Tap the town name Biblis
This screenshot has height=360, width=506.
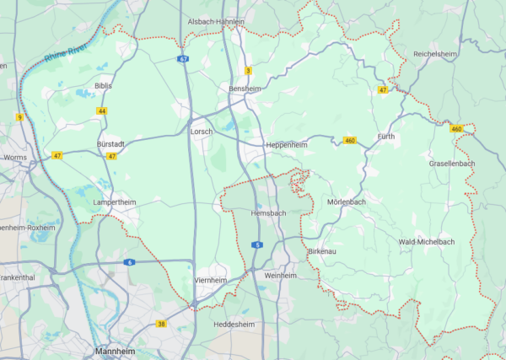coord(103,86)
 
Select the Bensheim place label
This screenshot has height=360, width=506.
coord(245,88)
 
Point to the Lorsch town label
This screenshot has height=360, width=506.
coord(202,132)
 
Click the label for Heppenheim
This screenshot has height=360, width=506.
coord(286,145)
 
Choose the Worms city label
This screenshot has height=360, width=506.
coord(15,158)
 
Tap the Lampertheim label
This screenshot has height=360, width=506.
coord(115,202)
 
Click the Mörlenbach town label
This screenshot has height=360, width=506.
coord(346,202)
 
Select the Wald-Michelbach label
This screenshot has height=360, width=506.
coord(426,242)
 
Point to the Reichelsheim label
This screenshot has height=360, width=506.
coord(435,54)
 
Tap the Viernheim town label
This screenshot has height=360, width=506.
coord(211,280)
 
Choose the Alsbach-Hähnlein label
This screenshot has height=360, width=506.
coord(216,22)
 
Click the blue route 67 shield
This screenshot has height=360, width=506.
coord(183,59)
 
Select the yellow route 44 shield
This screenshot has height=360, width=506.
coord(102,111)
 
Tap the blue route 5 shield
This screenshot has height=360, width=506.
coord(257,244)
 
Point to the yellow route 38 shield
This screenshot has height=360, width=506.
coord(161,324)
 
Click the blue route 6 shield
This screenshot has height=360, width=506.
coord(129,262)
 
